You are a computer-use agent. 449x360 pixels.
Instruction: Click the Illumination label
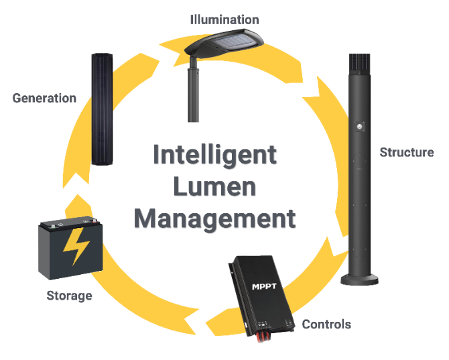(x=224, y=19)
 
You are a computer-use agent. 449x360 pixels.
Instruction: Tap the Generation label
(x=44, y=99)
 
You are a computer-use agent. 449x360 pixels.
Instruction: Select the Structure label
(x=407, y=152)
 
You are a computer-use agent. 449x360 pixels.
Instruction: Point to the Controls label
(x=326, y=324)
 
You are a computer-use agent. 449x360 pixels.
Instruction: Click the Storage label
(x=69, y=296)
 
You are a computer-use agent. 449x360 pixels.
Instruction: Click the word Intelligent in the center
(x=214, y=155)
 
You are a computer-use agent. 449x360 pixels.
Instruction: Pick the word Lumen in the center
(x=214, y=186)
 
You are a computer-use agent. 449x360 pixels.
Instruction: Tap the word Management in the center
(x=214, y=219)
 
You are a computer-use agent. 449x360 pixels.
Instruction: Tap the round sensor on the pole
(x=362, y=125)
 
